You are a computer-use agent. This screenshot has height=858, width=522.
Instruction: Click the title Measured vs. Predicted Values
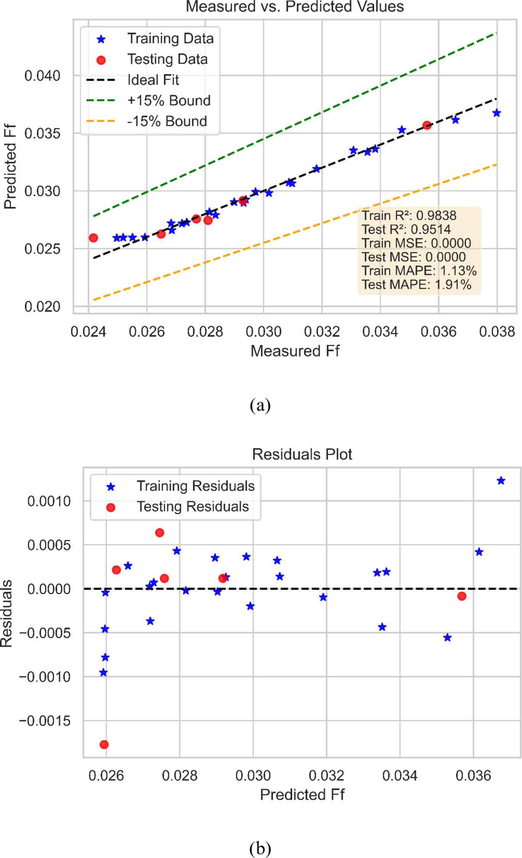pos(295,7)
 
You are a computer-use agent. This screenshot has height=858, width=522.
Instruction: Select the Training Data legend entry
pos(170,39)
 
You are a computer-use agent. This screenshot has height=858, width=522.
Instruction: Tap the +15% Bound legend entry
pos(169,100)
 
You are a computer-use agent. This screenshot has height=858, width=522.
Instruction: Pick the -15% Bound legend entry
pos(167,121)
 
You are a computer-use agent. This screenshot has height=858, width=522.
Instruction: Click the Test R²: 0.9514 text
pos(406,229)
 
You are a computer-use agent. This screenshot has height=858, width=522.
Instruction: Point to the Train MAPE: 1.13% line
pos(419,270)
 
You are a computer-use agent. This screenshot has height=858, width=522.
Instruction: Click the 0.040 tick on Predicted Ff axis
pos(42,76)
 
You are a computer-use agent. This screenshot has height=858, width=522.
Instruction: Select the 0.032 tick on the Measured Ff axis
pos(321,332)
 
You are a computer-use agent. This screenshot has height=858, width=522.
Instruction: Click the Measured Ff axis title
pos(295,351)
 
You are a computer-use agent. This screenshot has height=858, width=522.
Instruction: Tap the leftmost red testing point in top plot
pos(93,238)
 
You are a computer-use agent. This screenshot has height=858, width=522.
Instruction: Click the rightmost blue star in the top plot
pos(496,113)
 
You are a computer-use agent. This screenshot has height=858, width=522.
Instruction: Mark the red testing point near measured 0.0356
pos(427,125)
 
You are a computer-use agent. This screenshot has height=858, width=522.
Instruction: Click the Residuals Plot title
pos(302,454)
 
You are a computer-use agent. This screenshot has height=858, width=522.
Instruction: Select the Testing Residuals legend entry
pos(192,507)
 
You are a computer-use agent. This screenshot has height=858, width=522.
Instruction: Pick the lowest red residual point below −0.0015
pos(104,744)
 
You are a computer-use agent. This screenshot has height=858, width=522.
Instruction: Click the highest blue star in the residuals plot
pos(501,481)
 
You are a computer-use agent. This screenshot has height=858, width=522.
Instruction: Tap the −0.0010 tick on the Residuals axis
pos(45,677)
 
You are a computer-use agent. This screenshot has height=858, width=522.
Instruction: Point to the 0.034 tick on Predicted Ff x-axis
pos(400,776)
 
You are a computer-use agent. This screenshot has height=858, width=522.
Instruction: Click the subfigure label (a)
pos(260,405)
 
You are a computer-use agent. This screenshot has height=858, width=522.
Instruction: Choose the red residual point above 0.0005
pos(159,533)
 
